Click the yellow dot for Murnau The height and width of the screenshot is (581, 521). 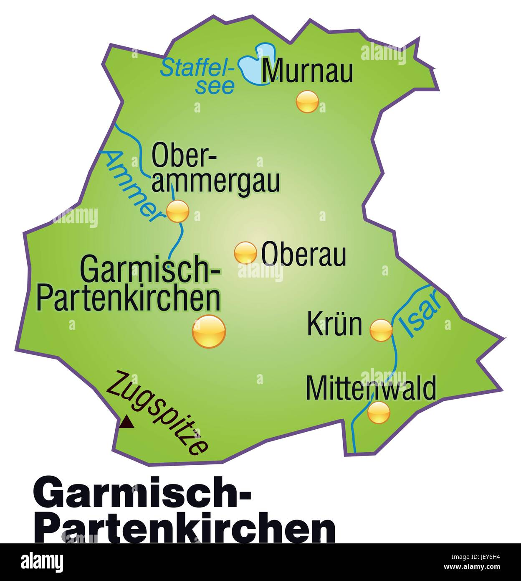click(x=307, y=101)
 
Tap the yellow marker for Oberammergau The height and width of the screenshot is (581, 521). click(x=178, y=211)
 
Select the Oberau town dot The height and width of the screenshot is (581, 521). click(x=245, y=253)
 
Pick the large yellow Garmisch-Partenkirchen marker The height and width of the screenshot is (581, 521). click(x=209, y=331)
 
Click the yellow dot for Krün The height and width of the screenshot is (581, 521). click(x=381, y=330)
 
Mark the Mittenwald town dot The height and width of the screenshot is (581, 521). click(x=379, y=412)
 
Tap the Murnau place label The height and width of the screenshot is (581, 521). click(x=307, y=71)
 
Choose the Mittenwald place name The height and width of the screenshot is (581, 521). click(x=371, y=388)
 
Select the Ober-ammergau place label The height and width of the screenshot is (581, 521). click(x=215, y=168)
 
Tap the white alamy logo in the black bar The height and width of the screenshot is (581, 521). click(x=42, y=562)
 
